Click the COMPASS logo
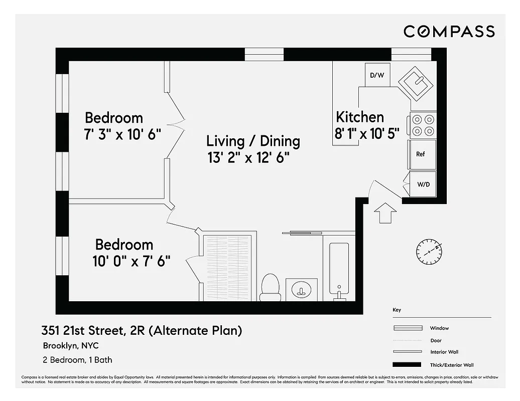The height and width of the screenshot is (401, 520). (449, 31)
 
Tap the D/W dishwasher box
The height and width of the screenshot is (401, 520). (376, 75)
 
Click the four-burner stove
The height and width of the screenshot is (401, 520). (423, 125)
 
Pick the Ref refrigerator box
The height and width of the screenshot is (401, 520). (422, 154)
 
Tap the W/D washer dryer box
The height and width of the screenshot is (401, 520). (423, 184)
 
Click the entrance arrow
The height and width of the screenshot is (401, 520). (384, 213)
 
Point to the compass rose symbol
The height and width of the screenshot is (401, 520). (429, 252)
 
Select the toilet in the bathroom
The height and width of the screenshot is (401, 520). (271, 288)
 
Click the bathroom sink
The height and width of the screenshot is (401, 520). (302, 289)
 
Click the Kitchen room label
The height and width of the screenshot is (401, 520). (360, 117)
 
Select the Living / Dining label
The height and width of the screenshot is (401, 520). (253, 141)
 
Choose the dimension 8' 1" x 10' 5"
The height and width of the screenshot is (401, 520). (367, 133)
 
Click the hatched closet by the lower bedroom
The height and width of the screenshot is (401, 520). (226, 267)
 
